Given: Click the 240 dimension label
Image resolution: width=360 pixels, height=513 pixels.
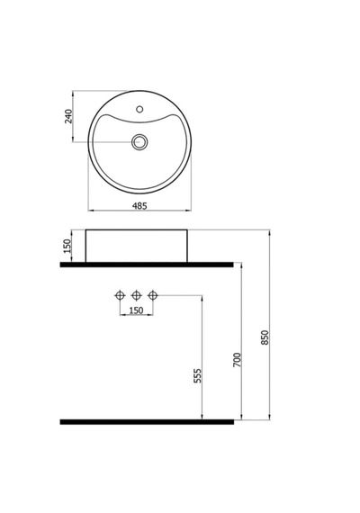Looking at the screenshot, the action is click(68, 116).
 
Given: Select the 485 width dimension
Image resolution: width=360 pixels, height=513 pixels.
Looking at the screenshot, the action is click(139, 206).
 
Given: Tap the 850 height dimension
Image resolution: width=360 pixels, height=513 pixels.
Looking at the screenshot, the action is click(265, 337).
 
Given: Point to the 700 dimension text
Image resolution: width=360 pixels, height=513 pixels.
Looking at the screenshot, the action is click(237, 360).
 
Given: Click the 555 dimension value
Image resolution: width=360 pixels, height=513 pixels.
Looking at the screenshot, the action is click(197, 375).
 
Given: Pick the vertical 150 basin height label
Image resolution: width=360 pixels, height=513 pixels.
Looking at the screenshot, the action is click(67, 246).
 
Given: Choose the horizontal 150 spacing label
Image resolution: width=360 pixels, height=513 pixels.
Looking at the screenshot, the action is click(136, 310).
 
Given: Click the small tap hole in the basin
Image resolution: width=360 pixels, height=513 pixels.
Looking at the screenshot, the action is click(139, 109).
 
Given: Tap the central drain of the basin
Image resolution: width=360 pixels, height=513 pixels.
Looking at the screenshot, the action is click(139, 142).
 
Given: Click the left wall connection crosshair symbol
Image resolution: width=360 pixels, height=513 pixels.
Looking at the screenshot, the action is click(121, 295).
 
